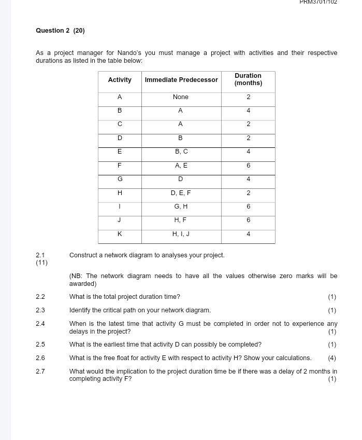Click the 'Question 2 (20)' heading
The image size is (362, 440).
click(60, 31)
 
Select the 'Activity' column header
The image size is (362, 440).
click(120, 80)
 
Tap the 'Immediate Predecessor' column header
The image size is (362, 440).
click(181, 80)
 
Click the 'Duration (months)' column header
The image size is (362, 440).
click(248, 79)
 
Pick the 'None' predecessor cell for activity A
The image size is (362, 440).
click(181, 97)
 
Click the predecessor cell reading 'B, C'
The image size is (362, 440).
click(181, 152)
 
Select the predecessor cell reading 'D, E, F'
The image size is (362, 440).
click(181, 193)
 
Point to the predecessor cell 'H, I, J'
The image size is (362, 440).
click(181, 234)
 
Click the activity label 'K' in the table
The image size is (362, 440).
click(120, 234)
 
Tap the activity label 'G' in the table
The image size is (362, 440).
click(120, 179)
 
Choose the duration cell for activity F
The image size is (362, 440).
click(248, 166)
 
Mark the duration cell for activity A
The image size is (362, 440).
click(248, 97)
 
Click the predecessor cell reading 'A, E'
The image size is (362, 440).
click(181, 166)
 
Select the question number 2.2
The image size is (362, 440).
click(40, 297)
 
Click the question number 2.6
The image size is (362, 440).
click(40, 358)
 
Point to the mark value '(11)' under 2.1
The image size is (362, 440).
click(41, 263)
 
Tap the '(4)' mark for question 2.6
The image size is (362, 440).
click(332, 358)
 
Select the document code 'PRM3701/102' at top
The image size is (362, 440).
click(318, 2)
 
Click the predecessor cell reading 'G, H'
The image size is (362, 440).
click(181, 207)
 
